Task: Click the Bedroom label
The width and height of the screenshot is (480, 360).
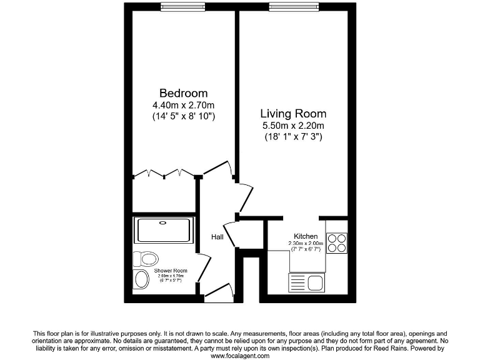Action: point(183,93)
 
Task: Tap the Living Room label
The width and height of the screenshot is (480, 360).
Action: point(293,114)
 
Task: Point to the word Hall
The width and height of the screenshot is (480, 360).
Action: point(217,237)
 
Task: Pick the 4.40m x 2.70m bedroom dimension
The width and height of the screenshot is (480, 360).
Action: point(183,104)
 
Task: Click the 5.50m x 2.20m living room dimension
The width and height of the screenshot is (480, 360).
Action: point(293,126)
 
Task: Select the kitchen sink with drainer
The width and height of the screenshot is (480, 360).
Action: point(306,282)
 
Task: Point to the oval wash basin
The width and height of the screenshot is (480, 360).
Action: point(141,279)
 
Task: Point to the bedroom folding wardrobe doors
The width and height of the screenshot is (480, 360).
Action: point(164,173)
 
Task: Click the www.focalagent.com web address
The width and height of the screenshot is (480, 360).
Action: point(240,356)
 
